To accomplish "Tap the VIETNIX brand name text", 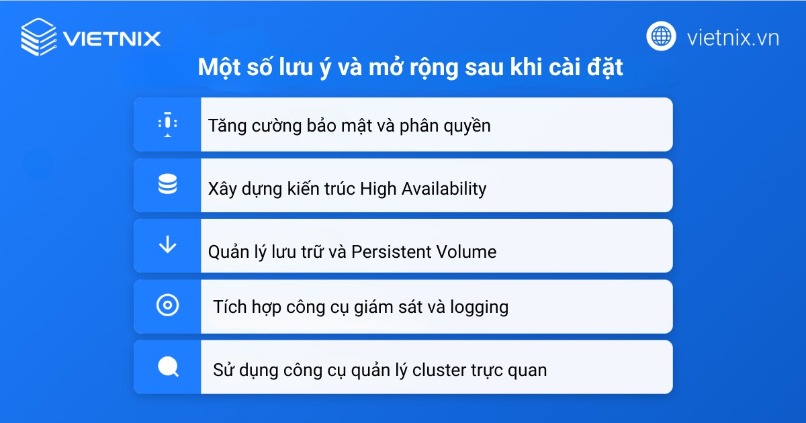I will (112, 38).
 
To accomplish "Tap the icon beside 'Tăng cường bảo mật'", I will (167, 124).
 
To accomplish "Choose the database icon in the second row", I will (167, 185).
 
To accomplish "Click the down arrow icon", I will (167, 245).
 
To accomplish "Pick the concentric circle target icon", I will (167, 306).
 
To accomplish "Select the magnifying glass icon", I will (167, 367).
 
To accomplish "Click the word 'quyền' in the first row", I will (467, 126).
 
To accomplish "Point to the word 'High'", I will (378, 189).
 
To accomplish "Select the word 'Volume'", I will (467, 252).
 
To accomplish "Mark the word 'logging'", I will (479, 308).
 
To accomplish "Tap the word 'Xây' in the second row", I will (222, 189).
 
